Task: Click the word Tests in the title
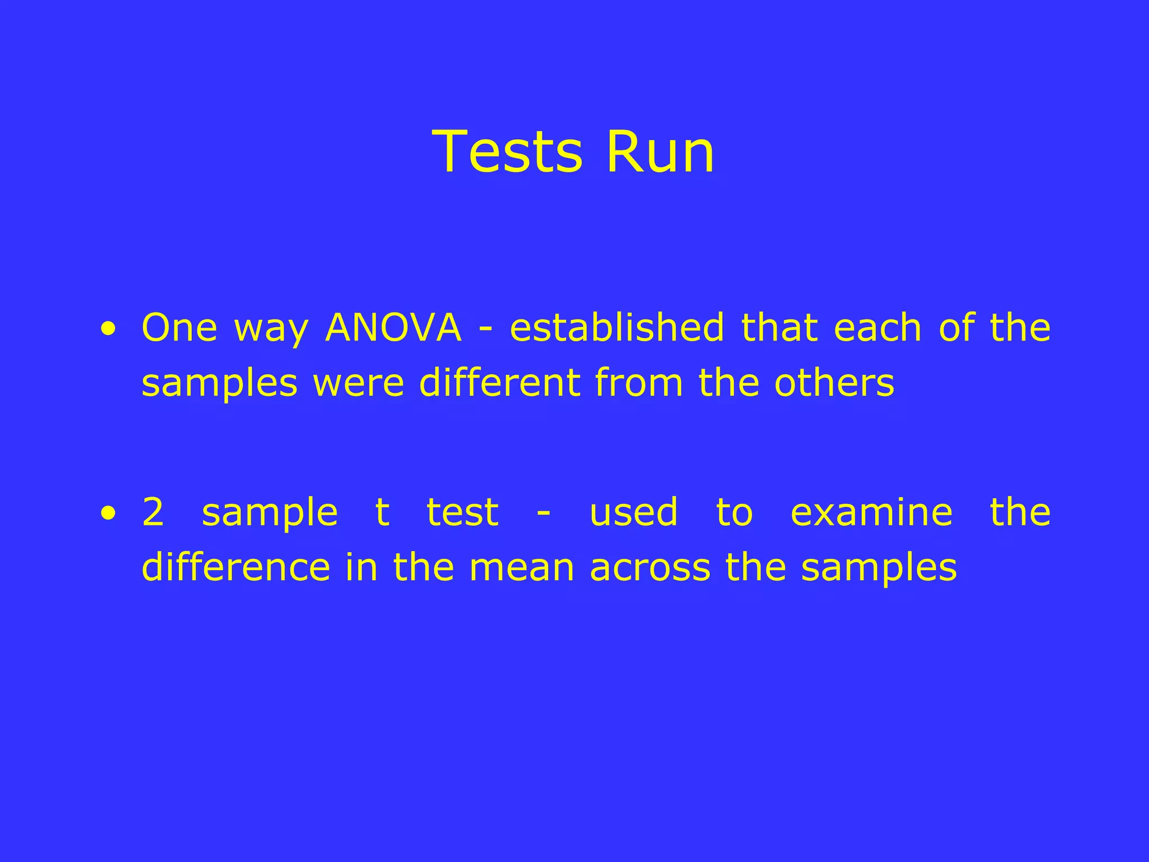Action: pos(508,152)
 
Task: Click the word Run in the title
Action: pos(660,152)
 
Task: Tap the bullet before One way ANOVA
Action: pos(109,330)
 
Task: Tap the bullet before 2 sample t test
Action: pos(109,513)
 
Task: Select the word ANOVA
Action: pos(393,328)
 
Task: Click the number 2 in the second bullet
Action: pos(153,512)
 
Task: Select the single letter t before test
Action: pos(382,512)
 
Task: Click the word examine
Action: pos(871,512)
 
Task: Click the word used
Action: pos(634,512)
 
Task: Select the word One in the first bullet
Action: pos(180,328)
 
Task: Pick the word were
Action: pos(359,384)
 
